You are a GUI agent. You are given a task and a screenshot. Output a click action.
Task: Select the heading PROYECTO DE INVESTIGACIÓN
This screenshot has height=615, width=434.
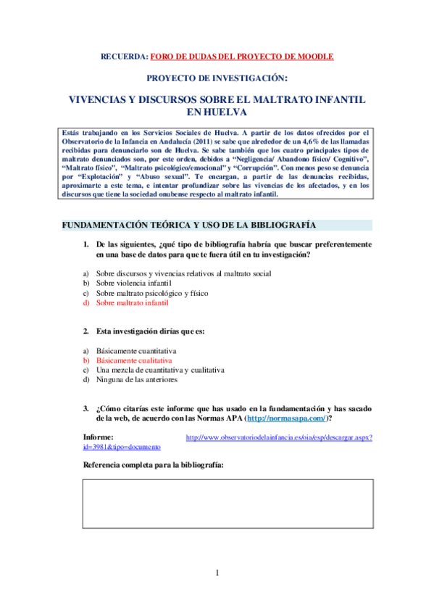[217, 78]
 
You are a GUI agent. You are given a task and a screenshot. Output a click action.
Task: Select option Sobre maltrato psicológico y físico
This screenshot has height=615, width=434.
[151, 293]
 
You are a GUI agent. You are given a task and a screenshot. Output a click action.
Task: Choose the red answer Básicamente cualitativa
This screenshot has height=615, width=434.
[134, 360]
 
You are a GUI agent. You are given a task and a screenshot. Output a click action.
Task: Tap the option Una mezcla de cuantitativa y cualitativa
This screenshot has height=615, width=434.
[159, 369]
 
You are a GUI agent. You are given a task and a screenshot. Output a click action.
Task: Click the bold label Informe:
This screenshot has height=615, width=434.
[99, 437]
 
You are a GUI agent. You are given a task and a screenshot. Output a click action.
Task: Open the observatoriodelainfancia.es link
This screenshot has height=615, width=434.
[279, 438]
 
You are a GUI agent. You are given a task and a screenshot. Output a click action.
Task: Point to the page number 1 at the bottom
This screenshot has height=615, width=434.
[217, 574]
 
